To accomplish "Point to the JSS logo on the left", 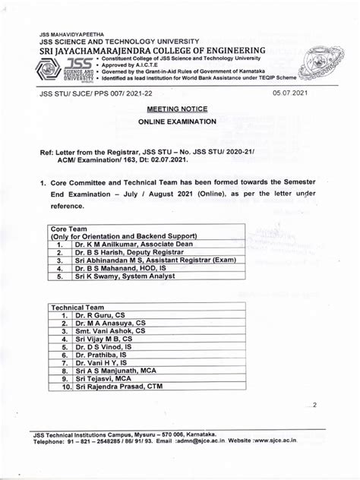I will [x=65, y=68].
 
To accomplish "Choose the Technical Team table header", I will [x=79, y=307].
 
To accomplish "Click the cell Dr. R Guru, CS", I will [x=101, y=315].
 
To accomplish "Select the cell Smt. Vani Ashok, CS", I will [x=109, y=333].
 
